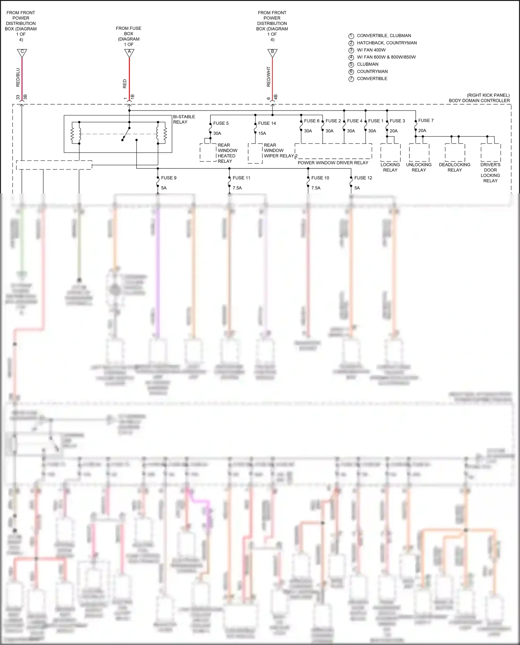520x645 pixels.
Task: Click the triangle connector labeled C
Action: coord(22,53)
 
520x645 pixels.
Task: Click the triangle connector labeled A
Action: coord(129,53)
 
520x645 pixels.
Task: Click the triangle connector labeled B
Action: coord(272,53)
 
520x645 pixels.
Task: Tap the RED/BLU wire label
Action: coord(18,77)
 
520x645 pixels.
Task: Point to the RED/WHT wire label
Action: coord(268,77)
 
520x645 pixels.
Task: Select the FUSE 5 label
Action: coord(221,123)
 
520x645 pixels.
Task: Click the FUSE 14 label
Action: coord(267,123)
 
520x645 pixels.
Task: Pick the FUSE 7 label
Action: coord(426,121)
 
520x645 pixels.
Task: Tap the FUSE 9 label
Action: coord(168,178)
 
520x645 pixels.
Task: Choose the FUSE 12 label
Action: coord(363,178)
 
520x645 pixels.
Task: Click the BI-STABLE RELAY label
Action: coord(184,119)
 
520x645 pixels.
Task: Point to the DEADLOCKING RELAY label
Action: coord(454,167)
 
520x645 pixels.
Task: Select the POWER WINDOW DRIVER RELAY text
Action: coord(333,163)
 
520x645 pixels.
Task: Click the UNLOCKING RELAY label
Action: coord(419,167)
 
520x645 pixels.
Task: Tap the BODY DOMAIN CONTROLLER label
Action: coord(479,101)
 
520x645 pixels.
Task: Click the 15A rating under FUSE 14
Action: coord(262,133)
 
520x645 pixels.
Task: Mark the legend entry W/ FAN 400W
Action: coord(371,50)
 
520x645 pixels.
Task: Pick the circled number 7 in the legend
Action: coord(351,79)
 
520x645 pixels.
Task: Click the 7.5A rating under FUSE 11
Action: coord(237,188)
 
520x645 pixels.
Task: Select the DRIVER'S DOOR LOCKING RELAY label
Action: coord(490,173)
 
